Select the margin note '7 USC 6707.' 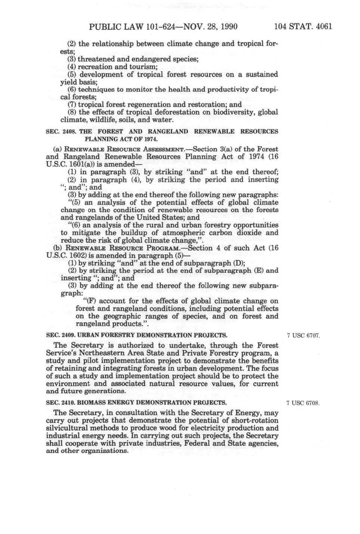tap(303, 336)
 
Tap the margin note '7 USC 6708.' tap(303, 403)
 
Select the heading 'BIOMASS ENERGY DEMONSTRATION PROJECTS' tap(151, 403)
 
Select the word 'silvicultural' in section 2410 tap(67, 428)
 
